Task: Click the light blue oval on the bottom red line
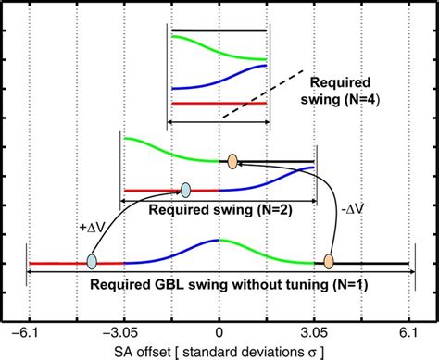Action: [x=92, y=263]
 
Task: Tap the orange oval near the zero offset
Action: [x=232, y=161]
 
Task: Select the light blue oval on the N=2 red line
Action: [x=186, y=190]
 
